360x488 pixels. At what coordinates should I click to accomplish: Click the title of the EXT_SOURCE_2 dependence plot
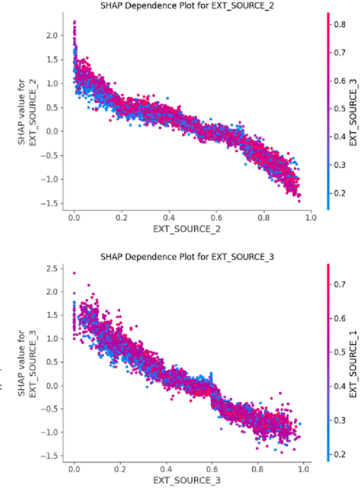pyautogui.click(x=192, y=6)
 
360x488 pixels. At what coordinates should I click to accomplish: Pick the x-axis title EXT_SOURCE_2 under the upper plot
pyautogui.click(x=191, y=229)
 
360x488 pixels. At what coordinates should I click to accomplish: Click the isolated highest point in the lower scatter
pyautogui.click(x=74, y=273)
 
